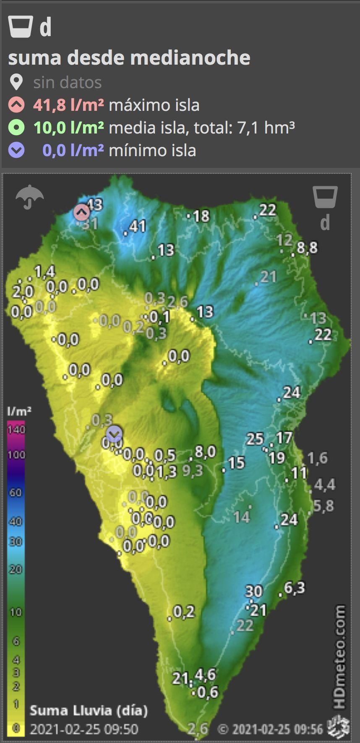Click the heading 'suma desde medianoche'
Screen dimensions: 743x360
pyautogui.click(x=129, y=58)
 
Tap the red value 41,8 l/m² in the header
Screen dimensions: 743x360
pyautogui.click(x=68, y=105)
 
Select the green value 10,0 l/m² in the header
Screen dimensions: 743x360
pyautogui.click(x=68, y=128)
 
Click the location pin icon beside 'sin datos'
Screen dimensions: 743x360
pyautogui.click(x=16, y=83)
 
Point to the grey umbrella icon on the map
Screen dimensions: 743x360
pyautogui.click(x=29, y=196)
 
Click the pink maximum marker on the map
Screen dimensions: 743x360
pyautogui.click(x=81, y=212)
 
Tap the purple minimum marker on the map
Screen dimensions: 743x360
pyautogui.click(x=114, y=433)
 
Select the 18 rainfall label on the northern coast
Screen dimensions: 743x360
pyautogui.click(x=201, y=216)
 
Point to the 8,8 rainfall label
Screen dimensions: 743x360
pyautogui.click(x=307, y=248)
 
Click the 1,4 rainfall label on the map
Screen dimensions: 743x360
pyautogui.click(x=44, y=272)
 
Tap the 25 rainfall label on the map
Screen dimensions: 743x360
pyautogui.click(x=255, y=439)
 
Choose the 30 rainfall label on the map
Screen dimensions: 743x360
pyautogui.click(x=253, y=591)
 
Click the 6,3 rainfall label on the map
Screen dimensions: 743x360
pyautogui.click(x=295, y=588)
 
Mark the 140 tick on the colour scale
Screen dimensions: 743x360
pyautogui.click(x=16, y=429)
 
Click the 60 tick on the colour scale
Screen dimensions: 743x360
pyautogui.click(x=16, y=492)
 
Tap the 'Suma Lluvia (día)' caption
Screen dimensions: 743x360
pyautogui.click(x=89, y=710)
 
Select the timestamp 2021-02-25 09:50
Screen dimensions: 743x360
pyautogui.click(x=84, y=729)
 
